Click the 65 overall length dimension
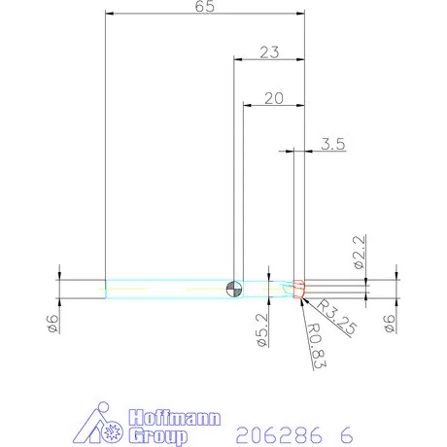205,7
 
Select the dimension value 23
270,52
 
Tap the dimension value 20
273,97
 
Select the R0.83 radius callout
315,349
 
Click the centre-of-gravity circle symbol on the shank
232,288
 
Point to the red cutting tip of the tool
299,288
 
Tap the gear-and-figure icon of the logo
104,424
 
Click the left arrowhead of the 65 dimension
110,15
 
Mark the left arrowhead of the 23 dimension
239,60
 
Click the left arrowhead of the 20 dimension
247,105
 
